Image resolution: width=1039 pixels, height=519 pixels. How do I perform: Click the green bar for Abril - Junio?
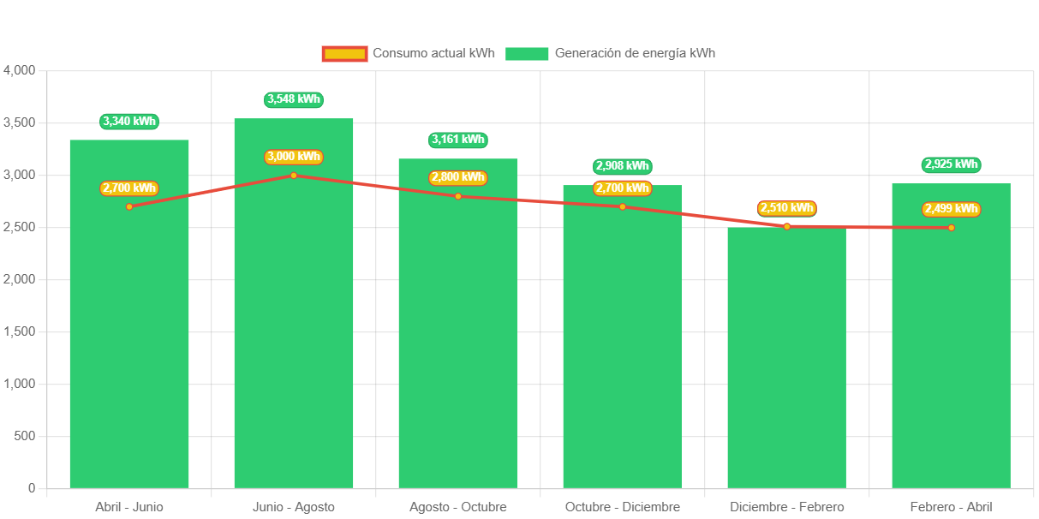tap(129, 343)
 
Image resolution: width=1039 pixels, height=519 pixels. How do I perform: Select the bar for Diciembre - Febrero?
tap(786, 360)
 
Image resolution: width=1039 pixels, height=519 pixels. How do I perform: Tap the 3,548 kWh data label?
tap(294, 99)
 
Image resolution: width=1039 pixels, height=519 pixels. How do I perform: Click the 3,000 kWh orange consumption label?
tap(294, 157)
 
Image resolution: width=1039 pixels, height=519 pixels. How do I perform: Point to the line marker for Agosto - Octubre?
tap(458, 196)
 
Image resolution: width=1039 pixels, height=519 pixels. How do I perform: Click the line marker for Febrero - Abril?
tap(951, 228)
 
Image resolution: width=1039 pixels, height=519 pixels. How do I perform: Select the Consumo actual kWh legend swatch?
tap(345, 53)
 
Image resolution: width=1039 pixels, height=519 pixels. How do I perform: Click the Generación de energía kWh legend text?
tap(635, 53)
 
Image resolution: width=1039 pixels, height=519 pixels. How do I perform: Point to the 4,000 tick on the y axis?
tap(19, 70)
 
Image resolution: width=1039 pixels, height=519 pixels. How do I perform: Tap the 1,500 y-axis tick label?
tap(19, 331)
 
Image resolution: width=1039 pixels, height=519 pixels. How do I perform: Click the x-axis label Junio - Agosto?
tap(294, 507)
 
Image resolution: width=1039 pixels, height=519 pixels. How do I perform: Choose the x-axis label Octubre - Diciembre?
tap(623, 507)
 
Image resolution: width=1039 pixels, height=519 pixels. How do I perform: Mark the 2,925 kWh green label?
tap(951, 164)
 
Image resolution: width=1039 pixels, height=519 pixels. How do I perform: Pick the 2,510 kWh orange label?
tap(786, 208)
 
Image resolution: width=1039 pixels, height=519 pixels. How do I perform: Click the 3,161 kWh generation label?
tap(458, 140)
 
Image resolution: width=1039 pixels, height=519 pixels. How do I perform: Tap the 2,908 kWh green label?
tap(623, 166)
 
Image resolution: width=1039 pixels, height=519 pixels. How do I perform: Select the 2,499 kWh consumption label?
tap(951, 209)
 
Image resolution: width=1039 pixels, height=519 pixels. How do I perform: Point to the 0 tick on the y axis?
tap(32, 488)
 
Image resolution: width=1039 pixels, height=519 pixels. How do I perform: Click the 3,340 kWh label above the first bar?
tap(129, 122)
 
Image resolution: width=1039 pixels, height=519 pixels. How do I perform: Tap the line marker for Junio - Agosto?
tap(294, 176)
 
